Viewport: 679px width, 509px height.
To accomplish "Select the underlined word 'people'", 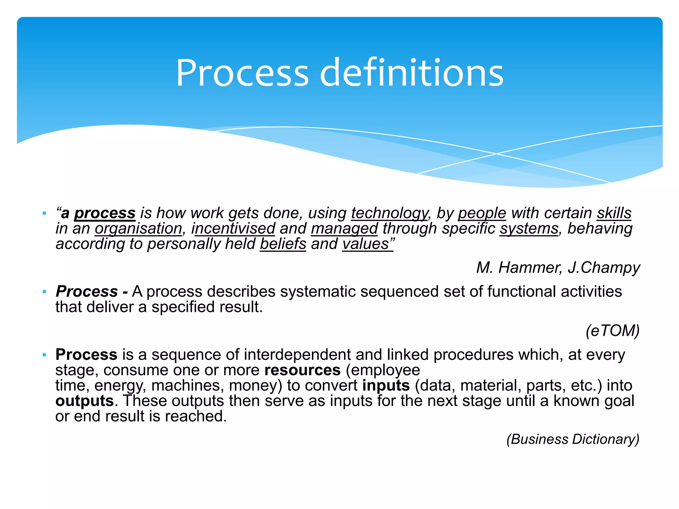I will point(482,213).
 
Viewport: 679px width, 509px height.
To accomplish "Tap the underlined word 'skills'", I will point(614,213).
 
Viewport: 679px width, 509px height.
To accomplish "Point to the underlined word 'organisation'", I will point(138,229).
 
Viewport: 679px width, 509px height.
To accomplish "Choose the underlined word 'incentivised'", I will point(233,229).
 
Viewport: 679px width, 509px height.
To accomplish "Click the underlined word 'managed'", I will point(344,229).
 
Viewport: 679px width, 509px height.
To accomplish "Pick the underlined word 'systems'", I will point(529,229).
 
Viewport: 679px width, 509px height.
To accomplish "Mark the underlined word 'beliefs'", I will point(283,244).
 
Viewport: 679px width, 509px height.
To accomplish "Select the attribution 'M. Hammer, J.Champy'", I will point(558,267).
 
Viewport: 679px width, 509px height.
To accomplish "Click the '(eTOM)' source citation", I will point(612,331).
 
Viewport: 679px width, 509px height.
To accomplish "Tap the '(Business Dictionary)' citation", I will point(573,439).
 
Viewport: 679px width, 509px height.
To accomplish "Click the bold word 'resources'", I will point(302,370).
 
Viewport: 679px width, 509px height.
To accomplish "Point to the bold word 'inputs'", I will point(386,386).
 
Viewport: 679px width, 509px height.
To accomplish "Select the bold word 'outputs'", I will point(85,401).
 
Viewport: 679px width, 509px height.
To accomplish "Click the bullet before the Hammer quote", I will point(44,213).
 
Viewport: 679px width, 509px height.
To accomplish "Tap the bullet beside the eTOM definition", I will point(44,292).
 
